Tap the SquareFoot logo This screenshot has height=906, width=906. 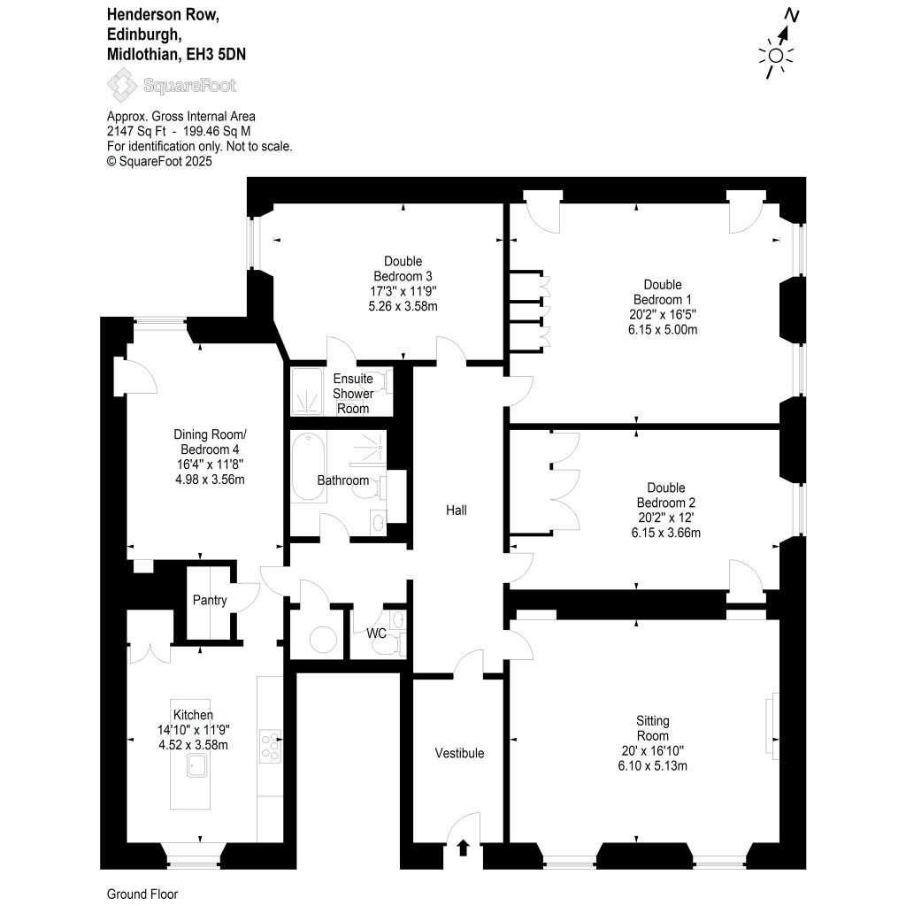click(172, 86)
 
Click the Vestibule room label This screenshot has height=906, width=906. click(459, 753)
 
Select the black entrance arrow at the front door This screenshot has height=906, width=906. click(462, 848)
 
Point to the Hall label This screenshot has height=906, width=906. click(456, 511)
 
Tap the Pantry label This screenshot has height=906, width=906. click(210, 600)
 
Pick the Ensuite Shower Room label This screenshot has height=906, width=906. click(351, 394)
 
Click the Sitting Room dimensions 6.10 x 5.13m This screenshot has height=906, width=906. click(652, 765)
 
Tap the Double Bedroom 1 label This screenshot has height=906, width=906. click(663, 291)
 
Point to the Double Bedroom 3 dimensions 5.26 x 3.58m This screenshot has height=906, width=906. click(403, 306)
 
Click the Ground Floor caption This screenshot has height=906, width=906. click(142, 894)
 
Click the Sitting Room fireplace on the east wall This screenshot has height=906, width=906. click(773, 718)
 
